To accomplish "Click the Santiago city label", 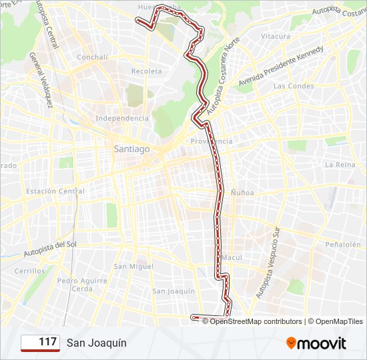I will click(131, 149).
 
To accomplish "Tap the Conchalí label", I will click(92, 57).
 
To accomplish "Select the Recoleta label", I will click(146, 71).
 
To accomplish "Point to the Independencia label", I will click(122, 118).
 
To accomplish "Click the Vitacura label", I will click(276, 36).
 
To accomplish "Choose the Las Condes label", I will click(294, 86).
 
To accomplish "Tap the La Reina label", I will click(338, 164).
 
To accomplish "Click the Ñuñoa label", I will click(242, 192).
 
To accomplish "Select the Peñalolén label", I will click(343, 245).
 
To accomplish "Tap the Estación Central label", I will click(55, 191).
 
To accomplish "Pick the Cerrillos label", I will click(30, 271).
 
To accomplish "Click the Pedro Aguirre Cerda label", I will click(82, 285).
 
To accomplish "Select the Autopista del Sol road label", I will click(51, 248).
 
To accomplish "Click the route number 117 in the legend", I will click(47, 342).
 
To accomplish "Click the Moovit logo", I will click(316, 343).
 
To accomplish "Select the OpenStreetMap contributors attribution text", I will click(256, 321).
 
